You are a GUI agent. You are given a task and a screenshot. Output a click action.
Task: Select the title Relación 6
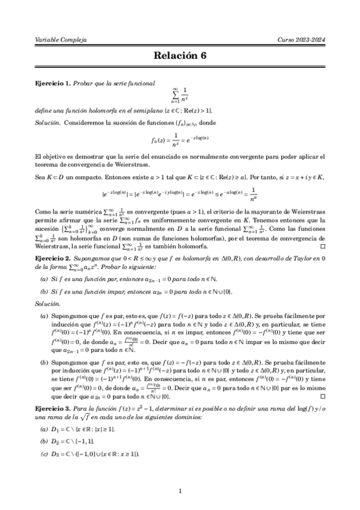180,57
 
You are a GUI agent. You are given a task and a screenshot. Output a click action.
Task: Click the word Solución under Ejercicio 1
49,122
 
